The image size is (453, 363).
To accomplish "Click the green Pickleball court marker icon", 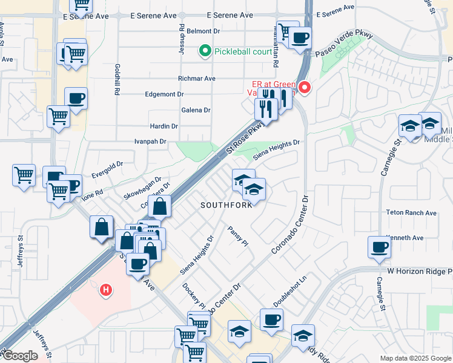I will [205, 51].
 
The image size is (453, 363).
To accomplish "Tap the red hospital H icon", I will [106, 290].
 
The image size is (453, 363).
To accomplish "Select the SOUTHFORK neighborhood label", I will [226, 206].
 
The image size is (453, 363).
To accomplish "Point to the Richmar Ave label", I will [196, 79].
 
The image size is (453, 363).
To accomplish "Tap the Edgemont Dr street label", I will [164, 94].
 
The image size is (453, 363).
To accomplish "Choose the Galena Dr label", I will [196, 110].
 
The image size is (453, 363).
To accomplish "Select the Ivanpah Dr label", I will [150, 142].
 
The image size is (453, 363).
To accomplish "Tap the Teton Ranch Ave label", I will [411, 213].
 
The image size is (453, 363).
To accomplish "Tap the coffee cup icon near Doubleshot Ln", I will [271, 320].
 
